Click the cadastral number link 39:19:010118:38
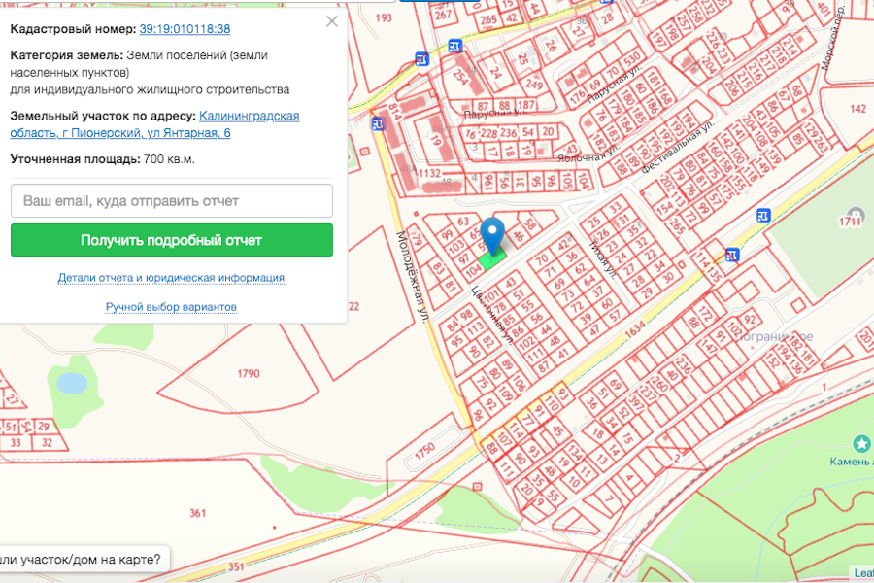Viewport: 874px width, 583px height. [185, 29]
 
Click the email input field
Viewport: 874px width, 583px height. [172, 201]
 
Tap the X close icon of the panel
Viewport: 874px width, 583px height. [332, 21]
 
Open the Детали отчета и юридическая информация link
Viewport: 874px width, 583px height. [171, 278]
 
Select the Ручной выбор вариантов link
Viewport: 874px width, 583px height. [171, 307]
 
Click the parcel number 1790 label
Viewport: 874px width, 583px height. [249, 373]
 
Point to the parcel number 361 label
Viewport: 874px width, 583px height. [198, 513]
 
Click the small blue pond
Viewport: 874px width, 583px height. [72, 382]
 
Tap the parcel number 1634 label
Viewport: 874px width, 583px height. [635, 331]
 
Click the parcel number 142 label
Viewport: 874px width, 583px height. [857, 109]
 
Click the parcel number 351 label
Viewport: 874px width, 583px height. [234, 566]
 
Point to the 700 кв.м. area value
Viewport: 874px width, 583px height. [168, 159]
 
